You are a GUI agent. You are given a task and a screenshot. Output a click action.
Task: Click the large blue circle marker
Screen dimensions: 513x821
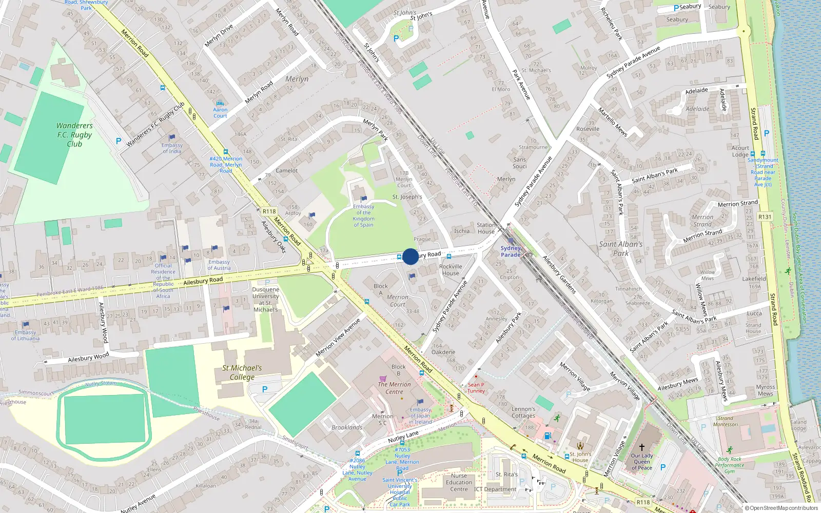(411, 256)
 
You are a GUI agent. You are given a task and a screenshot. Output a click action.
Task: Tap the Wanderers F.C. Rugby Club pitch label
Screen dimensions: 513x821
(74, 135)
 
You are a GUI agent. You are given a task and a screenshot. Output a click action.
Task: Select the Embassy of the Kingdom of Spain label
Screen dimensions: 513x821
(363, 216)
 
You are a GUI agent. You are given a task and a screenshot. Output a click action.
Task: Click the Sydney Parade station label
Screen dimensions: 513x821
(511, 251)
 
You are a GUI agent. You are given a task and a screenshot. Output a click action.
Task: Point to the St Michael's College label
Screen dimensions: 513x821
(242, 372)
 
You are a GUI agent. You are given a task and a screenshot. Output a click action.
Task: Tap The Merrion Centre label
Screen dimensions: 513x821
(394, 388)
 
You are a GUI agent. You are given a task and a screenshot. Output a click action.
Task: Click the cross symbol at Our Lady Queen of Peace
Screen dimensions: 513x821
(641, 447)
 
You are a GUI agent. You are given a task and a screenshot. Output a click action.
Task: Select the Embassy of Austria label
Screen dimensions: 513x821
(219, 265)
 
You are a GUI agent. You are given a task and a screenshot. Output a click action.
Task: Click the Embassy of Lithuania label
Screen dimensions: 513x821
(25, 335)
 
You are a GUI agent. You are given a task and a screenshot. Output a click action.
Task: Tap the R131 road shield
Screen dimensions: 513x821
(765, 216)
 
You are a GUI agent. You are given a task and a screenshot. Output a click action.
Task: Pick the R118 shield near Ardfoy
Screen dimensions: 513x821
(269, 211)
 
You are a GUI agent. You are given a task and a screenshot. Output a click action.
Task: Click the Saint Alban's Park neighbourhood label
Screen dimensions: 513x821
(621, 248)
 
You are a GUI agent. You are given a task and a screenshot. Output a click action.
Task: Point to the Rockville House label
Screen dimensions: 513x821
(451, 270)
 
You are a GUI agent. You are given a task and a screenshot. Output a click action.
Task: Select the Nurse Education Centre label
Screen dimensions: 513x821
(459, 482)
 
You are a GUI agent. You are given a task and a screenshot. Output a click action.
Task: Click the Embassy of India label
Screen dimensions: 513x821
(172, 148)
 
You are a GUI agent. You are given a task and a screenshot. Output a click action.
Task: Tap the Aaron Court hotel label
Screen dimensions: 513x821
(220, 112)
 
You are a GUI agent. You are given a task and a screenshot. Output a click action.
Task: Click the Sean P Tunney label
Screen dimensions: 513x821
(476, 387)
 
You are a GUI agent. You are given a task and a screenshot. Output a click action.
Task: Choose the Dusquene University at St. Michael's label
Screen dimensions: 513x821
(265, 300)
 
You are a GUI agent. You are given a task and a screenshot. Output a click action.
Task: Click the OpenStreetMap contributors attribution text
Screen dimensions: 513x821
(781, 508)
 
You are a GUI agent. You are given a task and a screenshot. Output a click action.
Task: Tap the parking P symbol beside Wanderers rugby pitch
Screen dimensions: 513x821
(119, 141)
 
